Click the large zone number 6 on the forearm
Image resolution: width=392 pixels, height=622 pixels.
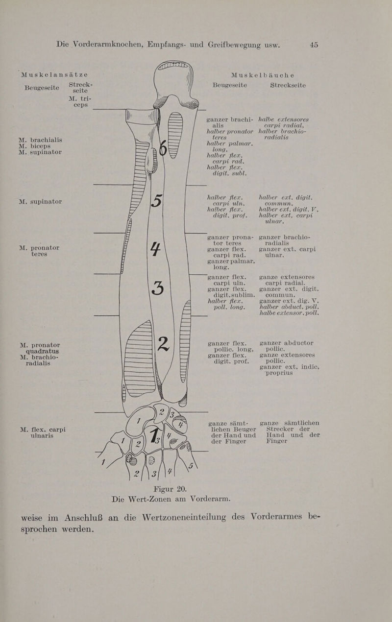click(x=164, y=148)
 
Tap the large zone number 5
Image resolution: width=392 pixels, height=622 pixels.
click(x=156, y=200)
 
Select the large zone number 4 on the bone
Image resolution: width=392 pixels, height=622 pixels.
click(x=156, y=249)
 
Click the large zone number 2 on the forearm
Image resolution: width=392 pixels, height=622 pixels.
click(x=163, y=344)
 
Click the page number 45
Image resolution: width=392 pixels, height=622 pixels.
click(x=314, y=45)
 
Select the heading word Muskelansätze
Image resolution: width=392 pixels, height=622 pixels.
click(x=55, y=75)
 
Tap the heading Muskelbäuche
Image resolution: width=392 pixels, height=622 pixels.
click(x=263, y=75)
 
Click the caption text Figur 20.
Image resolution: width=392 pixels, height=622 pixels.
click(x=170, y=489)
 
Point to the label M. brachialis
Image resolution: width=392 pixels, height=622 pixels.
click(x=41, y=140)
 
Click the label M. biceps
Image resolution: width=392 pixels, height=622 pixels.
click(x=35, y=146)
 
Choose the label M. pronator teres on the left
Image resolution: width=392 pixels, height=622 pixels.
click(x=39, y=251)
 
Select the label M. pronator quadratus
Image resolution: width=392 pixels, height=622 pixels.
click(x=40, y=348)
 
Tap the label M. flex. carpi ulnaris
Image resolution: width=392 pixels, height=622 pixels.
click(x=43, y=432)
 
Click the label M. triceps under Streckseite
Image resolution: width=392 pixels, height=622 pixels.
click(x=80, y=102)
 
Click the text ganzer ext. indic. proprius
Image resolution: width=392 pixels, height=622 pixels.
click(x=289, y=370)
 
